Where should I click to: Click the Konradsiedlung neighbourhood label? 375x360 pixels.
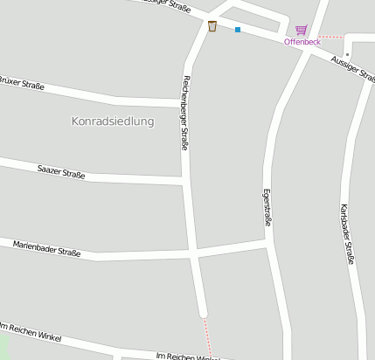pyautogui.click(x=112, y=121)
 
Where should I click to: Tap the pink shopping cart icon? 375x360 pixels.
pyautogui.click(x=301, y=30)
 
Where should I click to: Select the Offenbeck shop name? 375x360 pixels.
pyautogui.click(x=302, y=42)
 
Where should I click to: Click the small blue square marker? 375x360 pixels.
pyautogui.click(x=237, y=30)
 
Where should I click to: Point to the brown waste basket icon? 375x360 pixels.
pyautogui.click(x=212, y=26)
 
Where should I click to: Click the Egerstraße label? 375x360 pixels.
pyautogui.click(x=267, y=208)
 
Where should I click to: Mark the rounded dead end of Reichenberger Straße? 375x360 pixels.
pyautogui.click(x=204, y=312)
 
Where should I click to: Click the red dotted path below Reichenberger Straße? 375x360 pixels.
pyautogui.click(x=208, y=337)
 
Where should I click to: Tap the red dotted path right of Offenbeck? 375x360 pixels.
pyautogui.click(x=332, y=37)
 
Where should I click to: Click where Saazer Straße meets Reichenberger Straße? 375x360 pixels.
pyautogui.click(x=185, y=180)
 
